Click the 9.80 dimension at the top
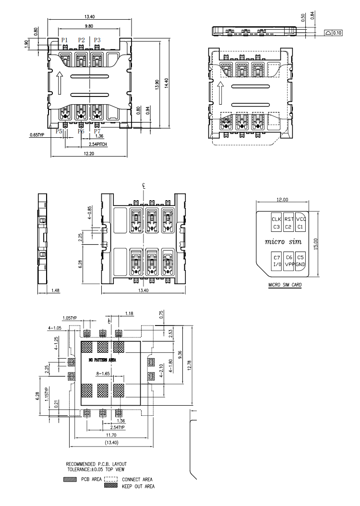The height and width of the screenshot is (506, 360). point(89,26)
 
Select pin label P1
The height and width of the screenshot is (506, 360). point(64,40)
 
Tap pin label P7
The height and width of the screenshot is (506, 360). point(97,132)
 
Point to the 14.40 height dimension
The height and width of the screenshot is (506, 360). point(167,83)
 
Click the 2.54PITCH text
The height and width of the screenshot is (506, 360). point(98,144)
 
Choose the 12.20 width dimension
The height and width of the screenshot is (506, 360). point(89,154)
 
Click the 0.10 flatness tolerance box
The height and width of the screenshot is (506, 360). point(333,33)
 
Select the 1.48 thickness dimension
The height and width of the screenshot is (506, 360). point(56,290)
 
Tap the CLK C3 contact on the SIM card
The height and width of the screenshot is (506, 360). point(276,223)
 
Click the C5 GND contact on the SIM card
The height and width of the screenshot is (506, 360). point(300,261)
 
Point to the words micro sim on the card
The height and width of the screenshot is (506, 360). point(283,241)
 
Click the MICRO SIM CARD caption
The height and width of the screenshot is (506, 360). point(285,285)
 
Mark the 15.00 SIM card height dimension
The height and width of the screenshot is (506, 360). point(315,244)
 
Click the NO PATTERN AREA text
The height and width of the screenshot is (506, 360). point(102,360)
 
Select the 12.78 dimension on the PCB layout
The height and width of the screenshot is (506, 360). point(189,366)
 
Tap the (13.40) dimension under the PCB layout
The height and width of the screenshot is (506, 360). point(112,443)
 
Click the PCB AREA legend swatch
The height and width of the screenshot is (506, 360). point(70,480)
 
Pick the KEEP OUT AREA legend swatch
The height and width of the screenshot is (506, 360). point(111,485)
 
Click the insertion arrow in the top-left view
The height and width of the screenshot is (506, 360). point(59,83)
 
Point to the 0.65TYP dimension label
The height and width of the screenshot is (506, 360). point(37,135)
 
